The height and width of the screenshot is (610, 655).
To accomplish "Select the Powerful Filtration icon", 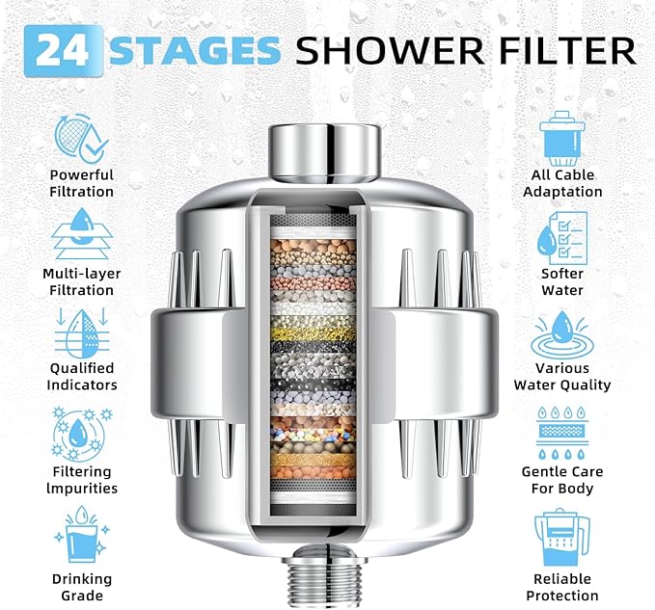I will point(82,136).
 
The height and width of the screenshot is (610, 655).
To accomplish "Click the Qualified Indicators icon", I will point(82,330).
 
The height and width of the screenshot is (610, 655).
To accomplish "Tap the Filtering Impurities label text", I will point(82,480).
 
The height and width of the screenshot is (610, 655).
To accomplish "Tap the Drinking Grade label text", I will point(82,587).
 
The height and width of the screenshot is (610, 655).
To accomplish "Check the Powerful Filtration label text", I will point(82,183).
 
